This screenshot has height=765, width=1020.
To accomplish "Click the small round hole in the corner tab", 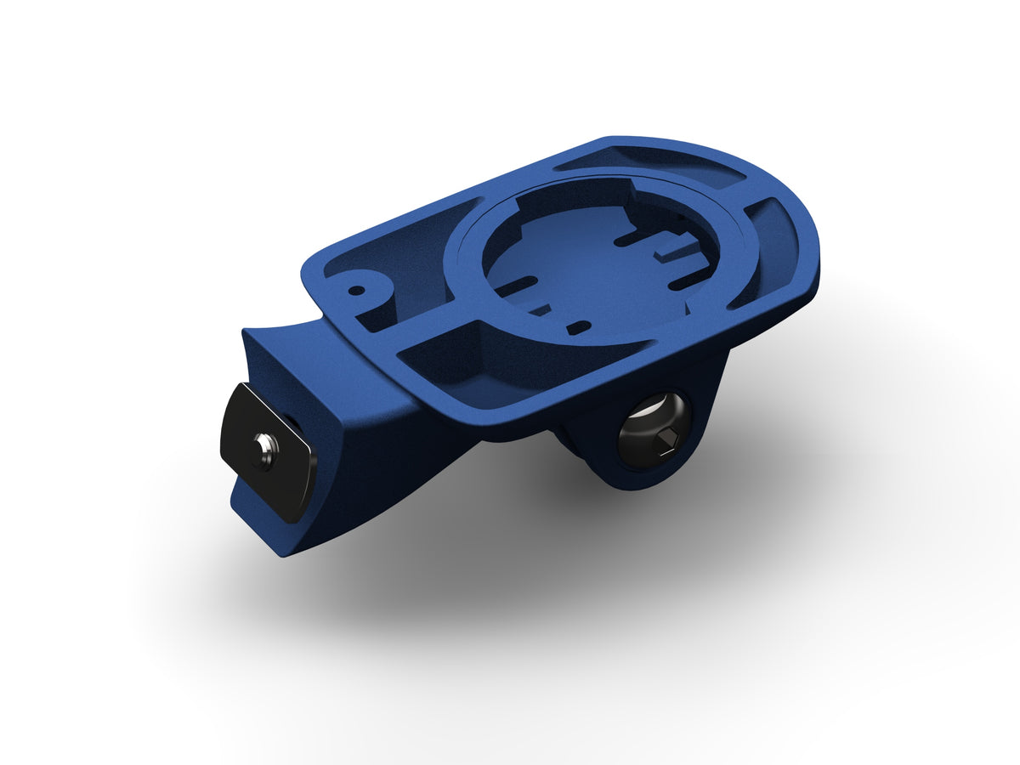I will coord(357,289).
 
